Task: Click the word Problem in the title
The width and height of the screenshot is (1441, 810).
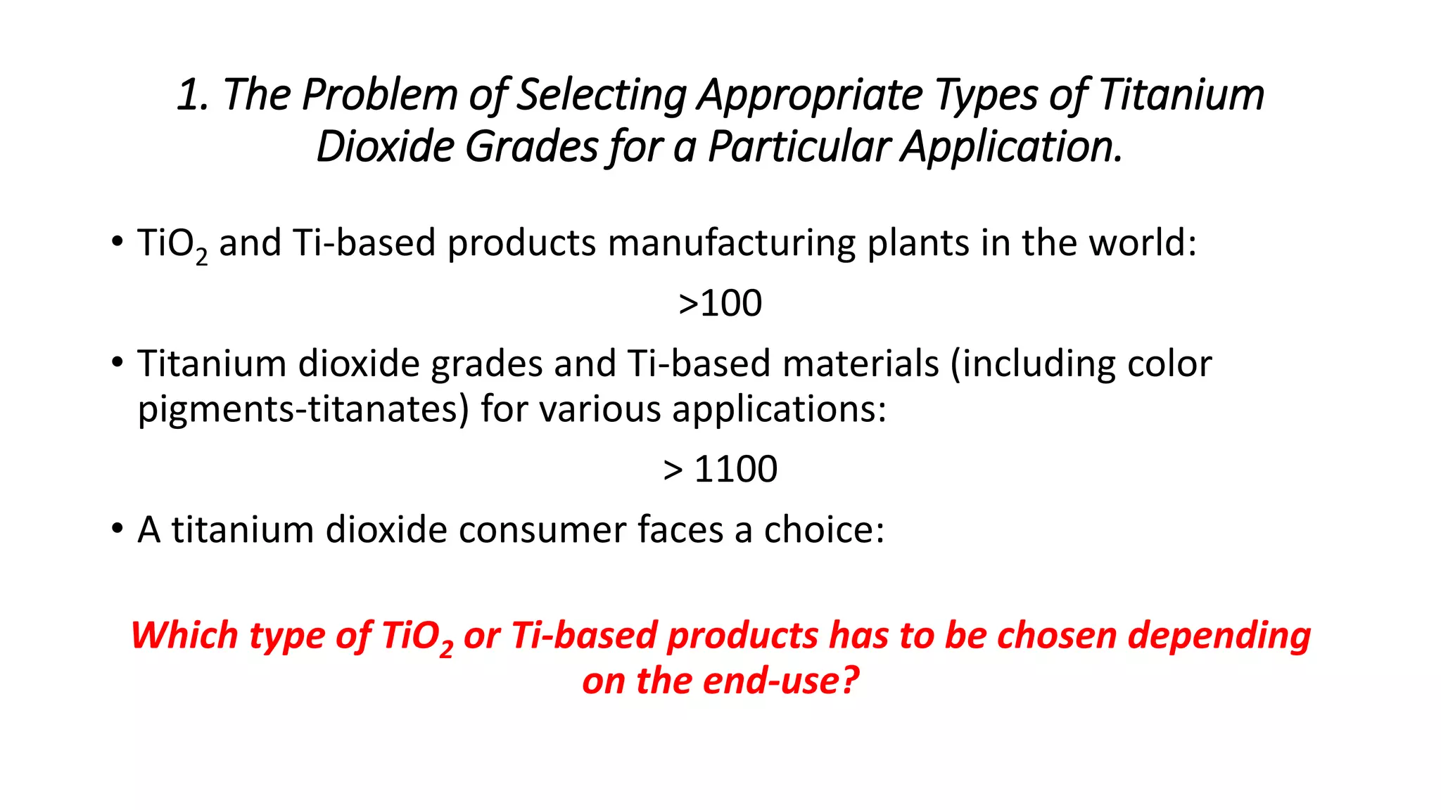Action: click(379, 95)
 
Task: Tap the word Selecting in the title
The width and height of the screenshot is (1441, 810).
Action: click(602, 95)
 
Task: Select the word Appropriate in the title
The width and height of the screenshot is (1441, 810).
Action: click(809, 95)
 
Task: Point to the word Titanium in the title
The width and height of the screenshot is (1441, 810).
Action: click(1181, 95)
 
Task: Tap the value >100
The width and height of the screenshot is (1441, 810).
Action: click(720, 303)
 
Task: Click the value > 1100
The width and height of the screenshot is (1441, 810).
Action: click(720, 469)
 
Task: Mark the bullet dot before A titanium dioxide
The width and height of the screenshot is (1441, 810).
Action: click(117, 528)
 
